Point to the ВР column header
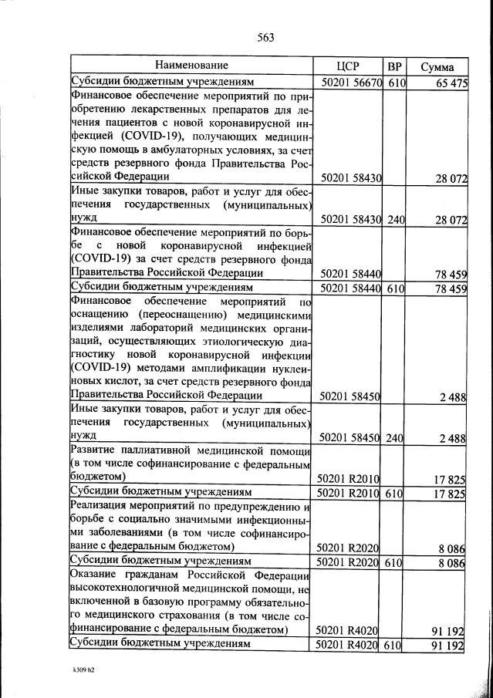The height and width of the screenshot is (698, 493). tap(394, 66)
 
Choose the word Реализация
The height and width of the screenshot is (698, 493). tap(99, 506)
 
